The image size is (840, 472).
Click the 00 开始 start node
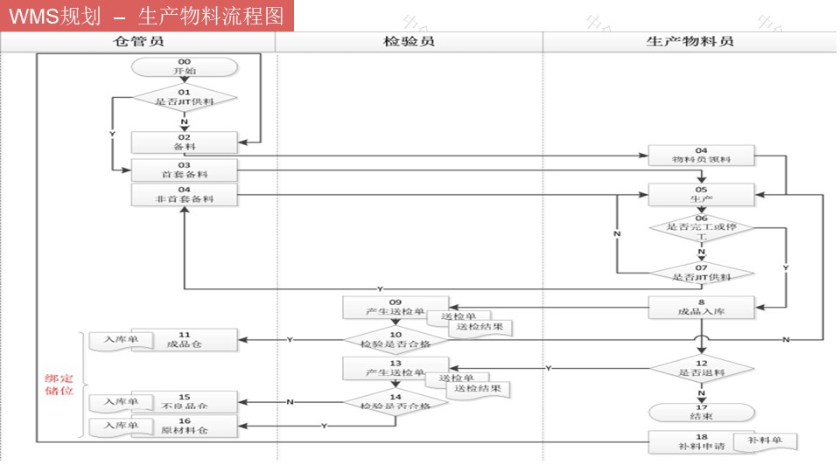click(x=184, y=66)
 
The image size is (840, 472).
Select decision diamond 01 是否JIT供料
click(x=184, y=97)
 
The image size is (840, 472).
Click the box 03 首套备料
click(x=184, y=170)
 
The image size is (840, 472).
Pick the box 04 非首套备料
click(x=184, y=194)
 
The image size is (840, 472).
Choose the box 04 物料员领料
click(x=701, y=156)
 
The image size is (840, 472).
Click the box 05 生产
click(x=701, y=194)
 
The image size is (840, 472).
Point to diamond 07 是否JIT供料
click(x=701, y=273)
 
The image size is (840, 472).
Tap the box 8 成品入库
click(x=701, y=307)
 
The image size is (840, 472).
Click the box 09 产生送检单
click(x=395, y=307)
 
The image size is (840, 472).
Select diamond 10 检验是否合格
click(x=395, y=339)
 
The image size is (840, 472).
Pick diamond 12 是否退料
click(x=701, y=368)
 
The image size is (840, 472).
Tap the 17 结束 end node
click(x=701, y=412)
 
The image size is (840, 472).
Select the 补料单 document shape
click(x=764, y=441)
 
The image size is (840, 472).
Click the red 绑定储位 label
click(x=59, y=385)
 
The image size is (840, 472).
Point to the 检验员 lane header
click(x=409, y=41)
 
